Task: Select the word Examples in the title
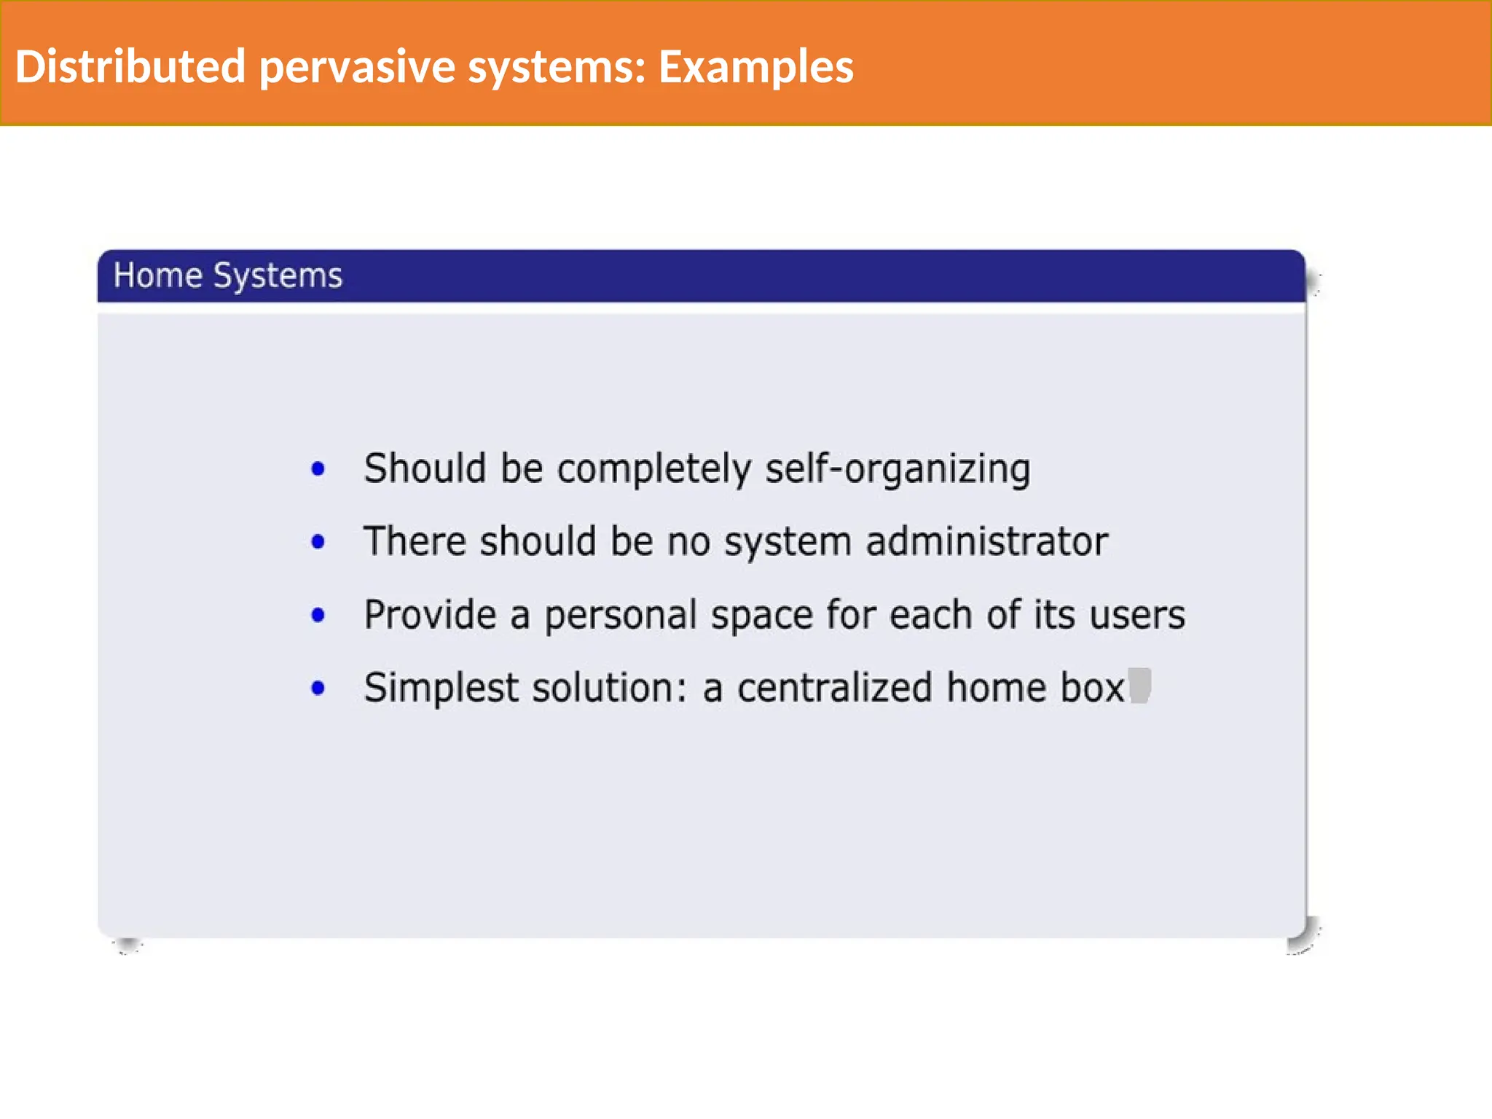coord(755,68)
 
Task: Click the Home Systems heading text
coord(227,276)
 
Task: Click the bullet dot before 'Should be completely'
coord(318,468)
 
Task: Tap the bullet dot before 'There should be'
coord(318,541)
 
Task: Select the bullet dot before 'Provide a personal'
coord(318,615)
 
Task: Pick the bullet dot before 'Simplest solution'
coord(318,688)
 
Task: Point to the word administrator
coord(986,541)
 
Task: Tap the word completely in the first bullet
coord(654,468)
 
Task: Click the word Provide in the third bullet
coord(430,615)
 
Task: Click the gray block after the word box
coord(1139,686)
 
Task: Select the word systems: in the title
coord(557,68)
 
